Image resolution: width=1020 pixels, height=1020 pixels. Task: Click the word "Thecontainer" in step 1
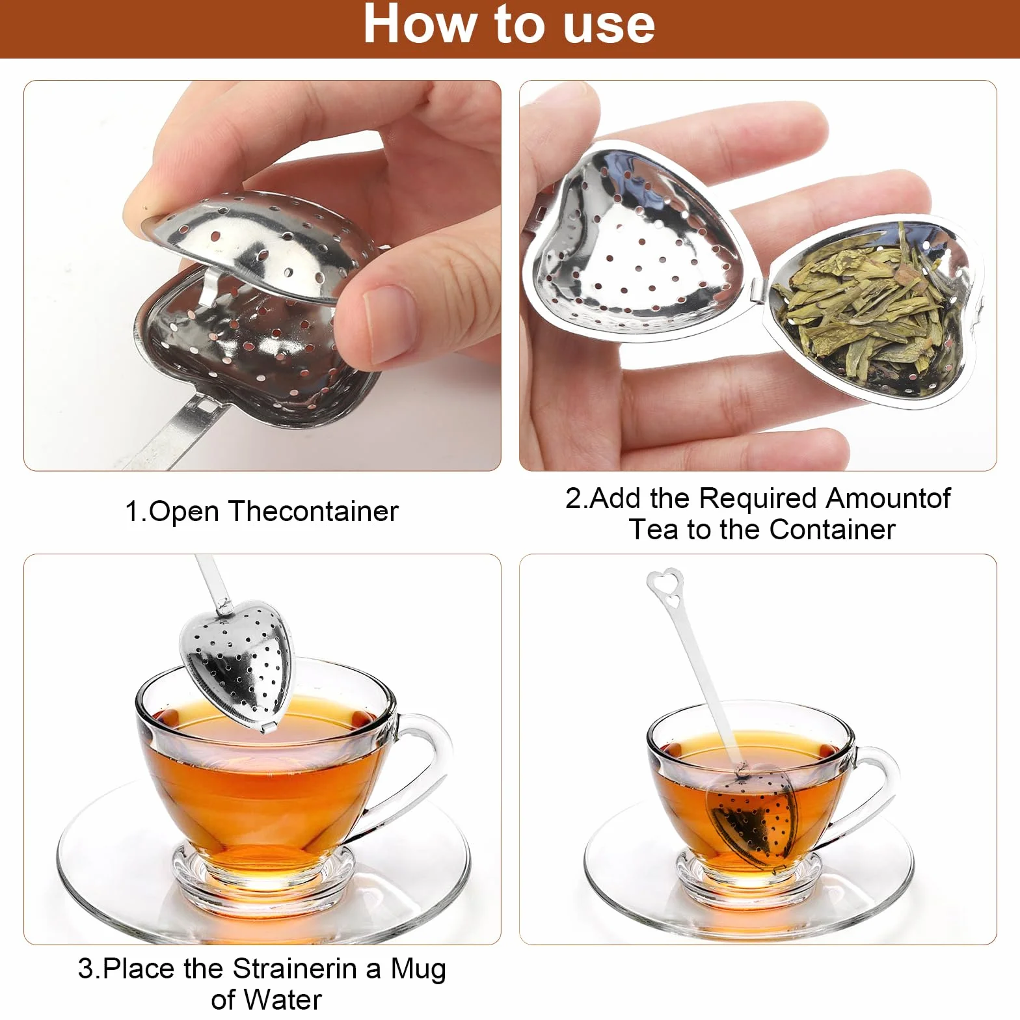pyautogui.click(x=313, y=511)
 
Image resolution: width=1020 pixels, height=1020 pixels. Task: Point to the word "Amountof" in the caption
pyautogui.click(x=888, y=498)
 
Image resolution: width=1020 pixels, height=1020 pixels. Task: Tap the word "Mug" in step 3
pyautogui.click(x=418, y=970)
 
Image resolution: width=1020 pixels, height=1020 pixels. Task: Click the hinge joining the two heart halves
pyautogui.click(x=760, y=289)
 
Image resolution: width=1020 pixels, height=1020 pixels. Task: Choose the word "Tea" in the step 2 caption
pyautogui.click(x=654, y=530)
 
